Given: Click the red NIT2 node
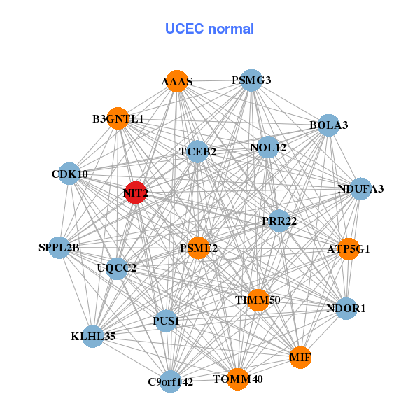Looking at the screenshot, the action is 135,192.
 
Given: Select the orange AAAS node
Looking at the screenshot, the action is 177,81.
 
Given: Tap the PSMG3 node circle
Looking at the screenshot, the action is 251,80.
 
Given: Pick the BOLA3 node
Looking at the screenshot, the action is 329,125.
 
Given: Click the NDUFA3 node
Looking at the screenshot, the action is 360,189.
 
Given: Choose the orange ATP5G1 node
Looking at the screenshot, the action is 349,248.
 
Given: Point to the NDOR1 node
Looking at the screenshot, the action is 346,308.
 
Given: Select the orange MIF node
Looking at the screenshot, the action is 300,358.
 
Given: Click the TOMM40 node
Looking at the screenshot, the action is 237,379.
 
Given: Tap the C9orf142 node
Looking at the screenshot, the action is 170,381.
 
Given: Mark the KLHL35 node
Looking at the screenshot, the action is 93,337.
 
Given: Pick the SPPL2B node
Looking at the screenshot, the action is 59,247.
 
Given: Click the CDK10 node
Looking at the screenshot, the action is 69,174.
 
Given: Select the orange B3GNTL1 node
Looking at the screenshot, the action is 118,119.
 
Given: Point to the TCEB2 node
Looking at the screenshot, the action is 197,151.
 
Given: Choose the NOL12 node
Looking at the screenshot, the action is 267,148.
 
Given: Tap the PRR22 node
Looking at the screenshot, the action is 279,221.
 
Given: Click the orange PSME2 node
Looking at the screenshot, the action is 199,248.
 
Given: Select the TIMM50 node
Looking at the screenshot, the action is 258,300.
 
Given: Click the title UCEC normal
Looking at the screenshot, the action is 209,29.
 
